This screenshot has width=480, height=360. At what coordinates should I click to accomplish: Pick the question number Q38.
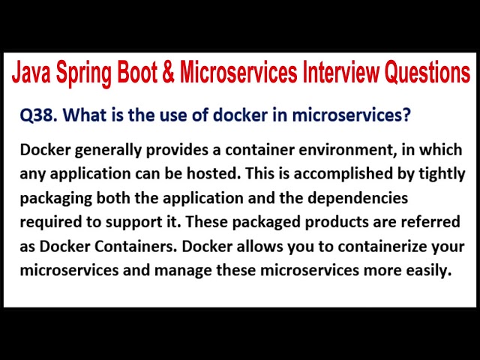tap(39, 116)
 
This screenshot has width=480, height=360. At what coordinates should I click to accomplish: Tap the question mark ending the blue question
tap(407, 116)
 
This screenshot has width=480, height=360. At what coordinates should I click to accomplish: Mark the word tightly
tap(439, 175)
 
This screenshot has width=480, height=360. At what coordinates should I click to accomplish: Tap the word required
tap(47, 223)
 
